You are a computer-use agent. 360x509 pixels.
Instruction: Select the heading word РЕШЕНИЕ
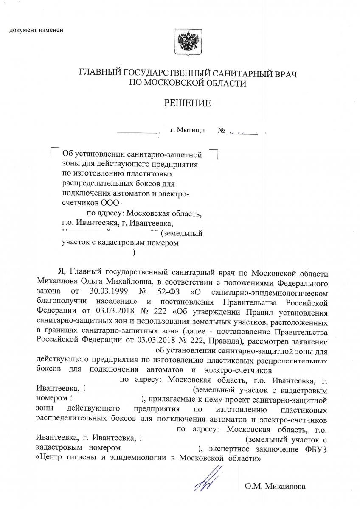(188, 103)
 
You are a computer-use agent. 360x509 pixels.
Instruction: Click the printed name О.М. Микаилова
(275, 486)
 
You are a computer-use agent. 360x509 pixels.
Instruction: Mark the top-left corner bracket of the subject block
(53, 150)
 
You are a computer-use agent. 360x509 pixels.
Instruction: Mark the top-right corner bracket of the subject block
(215, 152)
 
